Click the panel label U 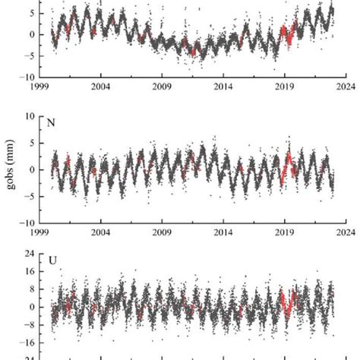[x=53, y=261]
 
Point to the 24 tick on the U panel [x=30, y=253]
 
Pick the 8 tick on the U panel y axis [x=32, y=289]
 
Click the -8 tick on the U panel [x=30, y=325]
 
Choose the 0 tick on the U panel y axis [x=32, y=308]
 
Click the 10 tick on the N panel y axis [x=30, y=116]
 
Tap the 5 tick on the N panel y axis [x=32, y=143]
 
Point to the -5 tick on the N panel [x=30, y=197]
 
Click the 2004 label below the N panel [x=101, y=233]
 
